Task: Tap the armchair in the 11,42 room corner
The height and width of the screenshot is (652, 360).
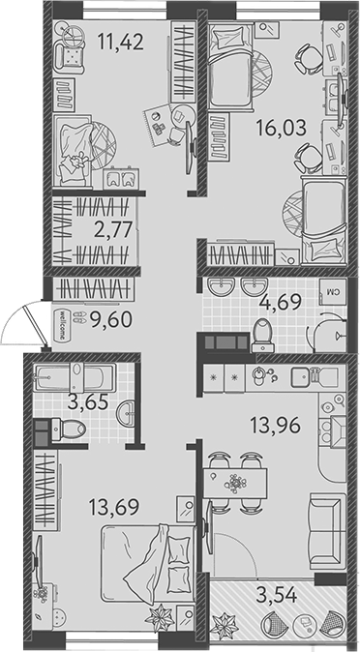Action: [x=69, y=55]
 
